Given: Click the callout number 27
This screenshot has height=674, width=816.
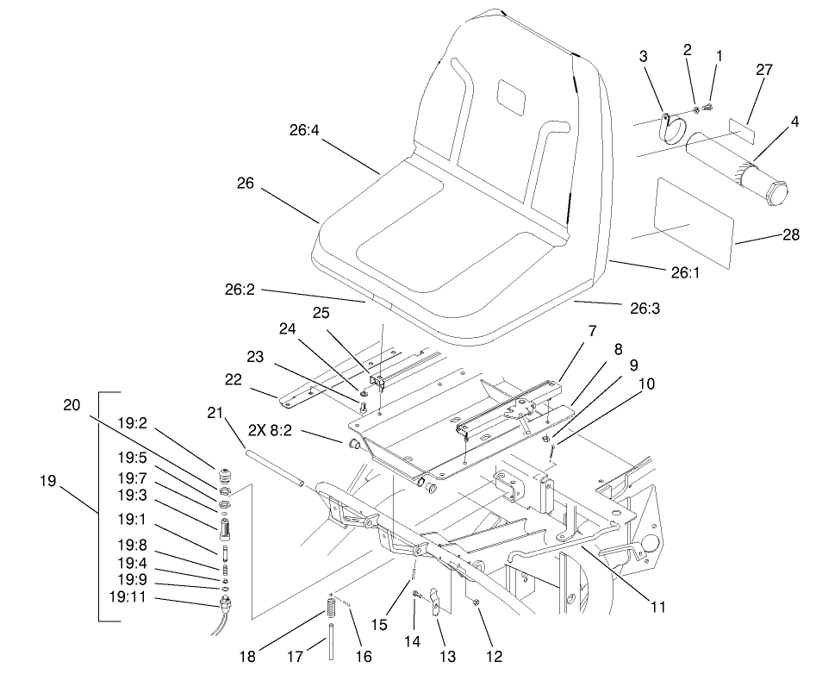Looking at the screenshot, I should pyautogui.click(x=764, y=71).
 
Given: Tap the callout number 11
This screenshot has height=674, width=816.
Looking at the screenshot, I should pyautogui.click(x=657, y=606).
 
